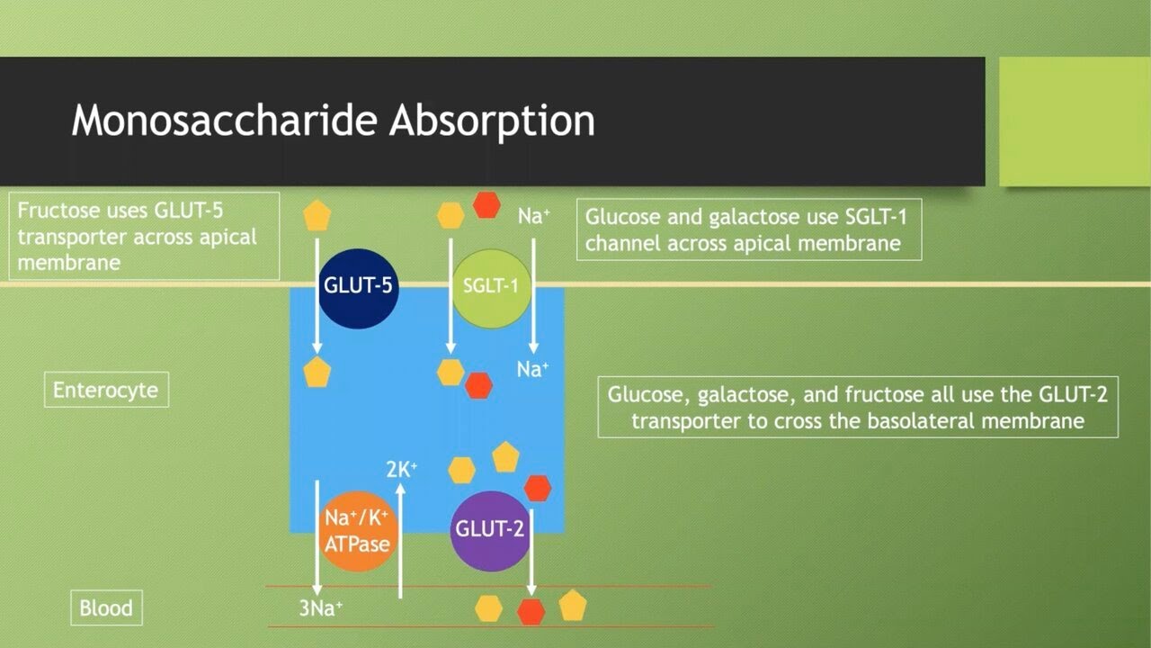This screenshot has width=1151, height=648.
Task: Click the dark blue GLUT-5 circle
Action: [x=358, y=288]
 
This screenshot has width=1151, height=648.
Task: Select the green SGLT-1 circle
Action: [x=492, y=288]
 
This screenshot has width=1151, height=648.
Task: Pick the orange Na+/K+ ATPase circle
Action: [x=358, y=532]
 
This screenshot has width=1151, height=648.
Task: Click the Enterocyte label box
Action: [x=106, y=391]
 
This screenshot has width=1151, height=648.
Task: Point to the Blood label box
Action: [x=106, y=607]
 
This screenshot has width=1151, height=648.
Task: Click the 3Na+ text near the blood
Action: [x=321, y=608]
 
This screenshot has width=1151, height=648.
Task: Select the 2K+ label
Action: [x=401, y=469]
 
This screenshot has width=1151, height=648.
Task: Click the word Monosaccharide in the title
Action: [x=225, y=121]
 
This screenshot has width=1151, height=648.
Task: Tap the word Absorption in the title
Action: [x=492, y=121]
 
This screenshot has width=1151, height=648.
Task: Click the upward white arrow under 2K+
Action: [x=401, y=540]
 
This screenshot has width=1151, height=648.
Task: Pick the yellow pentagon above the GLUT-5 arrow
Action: [x=317, y=216]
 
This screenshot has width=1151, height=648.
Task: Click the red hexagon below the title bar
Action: [x=486, y=205]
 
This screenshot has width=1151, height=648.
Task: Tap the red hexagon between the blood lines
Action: [x=531, y=612]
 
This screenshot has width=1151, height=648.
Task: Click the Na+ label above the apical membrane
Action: [x=533, y=217]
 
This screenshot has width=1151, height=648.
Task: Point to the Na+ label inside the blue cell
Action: [x=532, y=369]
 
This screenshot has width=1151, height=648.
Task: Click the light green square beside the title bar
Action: [x=1074, y=121]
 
